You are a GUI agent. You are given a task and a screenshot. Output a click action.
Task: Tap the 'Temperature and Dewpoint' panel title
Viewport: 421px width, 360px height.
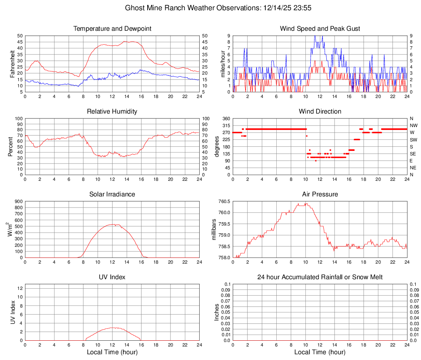pyautogui.click(x=112, y=29)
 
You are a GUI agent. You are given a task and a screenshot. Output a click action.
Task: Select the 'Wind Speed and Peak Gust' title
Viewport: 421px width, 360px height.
pyautogui.click(x=320, y=29)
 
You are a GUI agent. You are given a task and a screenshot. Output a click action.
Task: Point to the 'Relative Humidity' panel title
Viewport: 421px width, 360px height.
pyautogui.click(x=112, y=112)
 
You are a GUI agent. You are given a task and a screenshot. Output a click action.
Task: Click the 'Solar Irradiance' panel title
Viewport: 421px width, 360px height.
pyautogui.click(x=112, y=194)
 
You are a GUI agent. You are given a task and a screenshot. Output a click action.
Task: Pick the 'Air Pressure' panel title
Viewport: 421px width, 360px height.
pyautogui.click(x=320, y=194)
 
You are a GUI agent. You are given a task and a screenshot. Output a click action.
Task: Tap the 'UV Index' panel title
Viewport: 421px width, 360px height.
pyautogui.click(x=112, y=277)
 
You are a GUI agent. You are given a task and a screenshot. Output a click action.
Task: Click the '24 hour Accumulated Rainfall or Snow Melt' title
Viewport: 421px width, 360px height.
pyautogui.click(x=320, y=277)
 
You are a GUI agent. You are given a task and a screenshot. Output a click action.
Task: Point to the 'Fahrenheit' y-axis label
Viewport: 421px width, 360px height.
pyautogui.click(x=12, y=64)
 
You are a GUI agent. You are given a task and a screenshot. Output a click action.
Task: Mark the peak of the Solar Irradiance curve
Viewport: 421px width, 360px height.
pyautogui.click(x=113, y=224)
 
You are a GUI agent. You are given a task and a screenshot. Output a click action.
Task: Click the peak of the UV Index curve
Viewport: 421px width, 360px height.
pyautogui.click(x=113, y=328)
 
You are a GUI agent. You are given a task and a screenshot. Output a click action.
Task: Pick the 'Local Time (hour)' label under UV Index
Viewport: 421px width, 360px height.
pyautogui.click(x=112, y=352)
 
